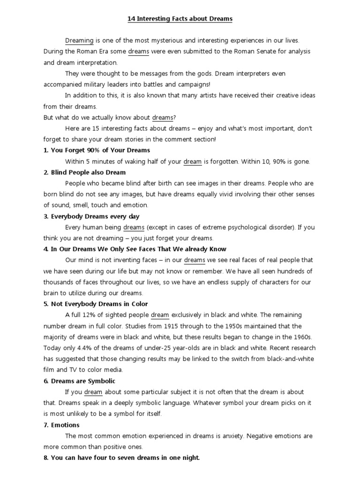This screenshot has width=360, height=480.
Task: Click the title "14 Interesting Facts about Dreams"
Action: (x=180, y=19)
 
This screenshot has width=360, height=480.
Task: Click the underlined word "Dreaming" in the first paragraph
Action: (x=79, y=41)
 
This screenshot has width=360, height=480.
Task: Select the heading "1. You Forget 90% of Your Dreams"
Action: (x=97, y=150)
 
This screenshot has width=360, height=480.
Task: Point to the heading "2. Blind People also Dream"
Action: (x=85, y=172)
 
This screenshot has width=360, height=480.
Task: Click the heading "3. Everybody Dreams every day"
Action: (x=91, y=217)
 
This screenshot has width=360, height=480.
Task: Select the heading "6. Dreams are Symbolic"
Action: (x=79, y=381)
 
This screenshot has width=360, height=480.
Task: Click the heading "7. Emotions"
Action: (x=61, y=425)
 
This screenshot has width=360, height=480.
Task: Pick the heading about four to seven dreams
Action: (x=122, y=457)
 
